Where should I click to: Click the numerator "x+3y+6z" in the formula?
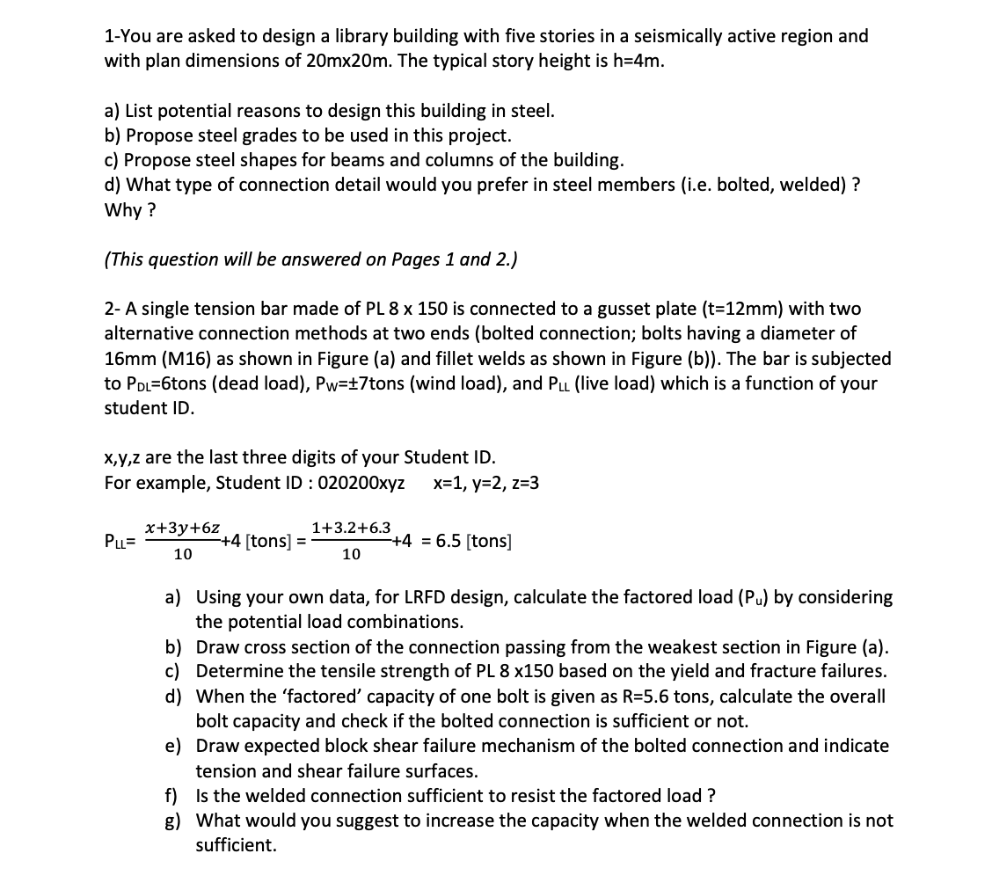pos(183,527)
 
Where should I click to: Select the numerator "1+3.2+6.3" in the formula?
pos(352,527)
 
